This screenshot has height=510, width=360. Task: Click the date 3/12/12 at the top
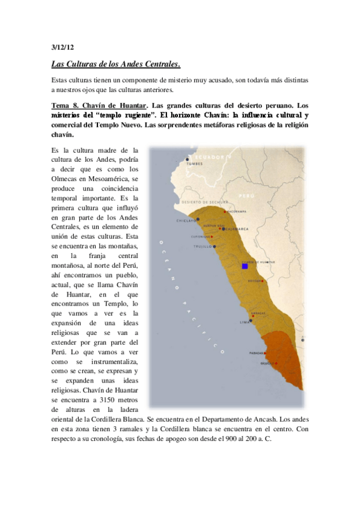click(x=62, y=46)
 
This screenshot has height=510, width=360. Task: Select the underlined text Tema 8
click(x=66, y=106)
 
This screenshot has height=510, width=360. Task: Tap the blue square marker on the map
click(x=245, y=265)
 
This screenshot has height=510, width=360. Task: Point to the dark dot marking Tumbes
click(x=186, y=160)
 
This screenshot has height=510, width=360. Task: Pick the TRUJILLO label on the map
click(x=203, y=247)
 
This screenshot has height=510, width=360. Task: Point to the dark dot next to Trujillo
click(x=214, y=247)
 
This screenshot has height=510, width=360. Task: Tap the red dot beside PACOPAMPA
click(x=224, y=212)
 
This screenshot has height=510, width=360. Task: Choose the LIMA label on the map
click(x=243, y=322)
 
